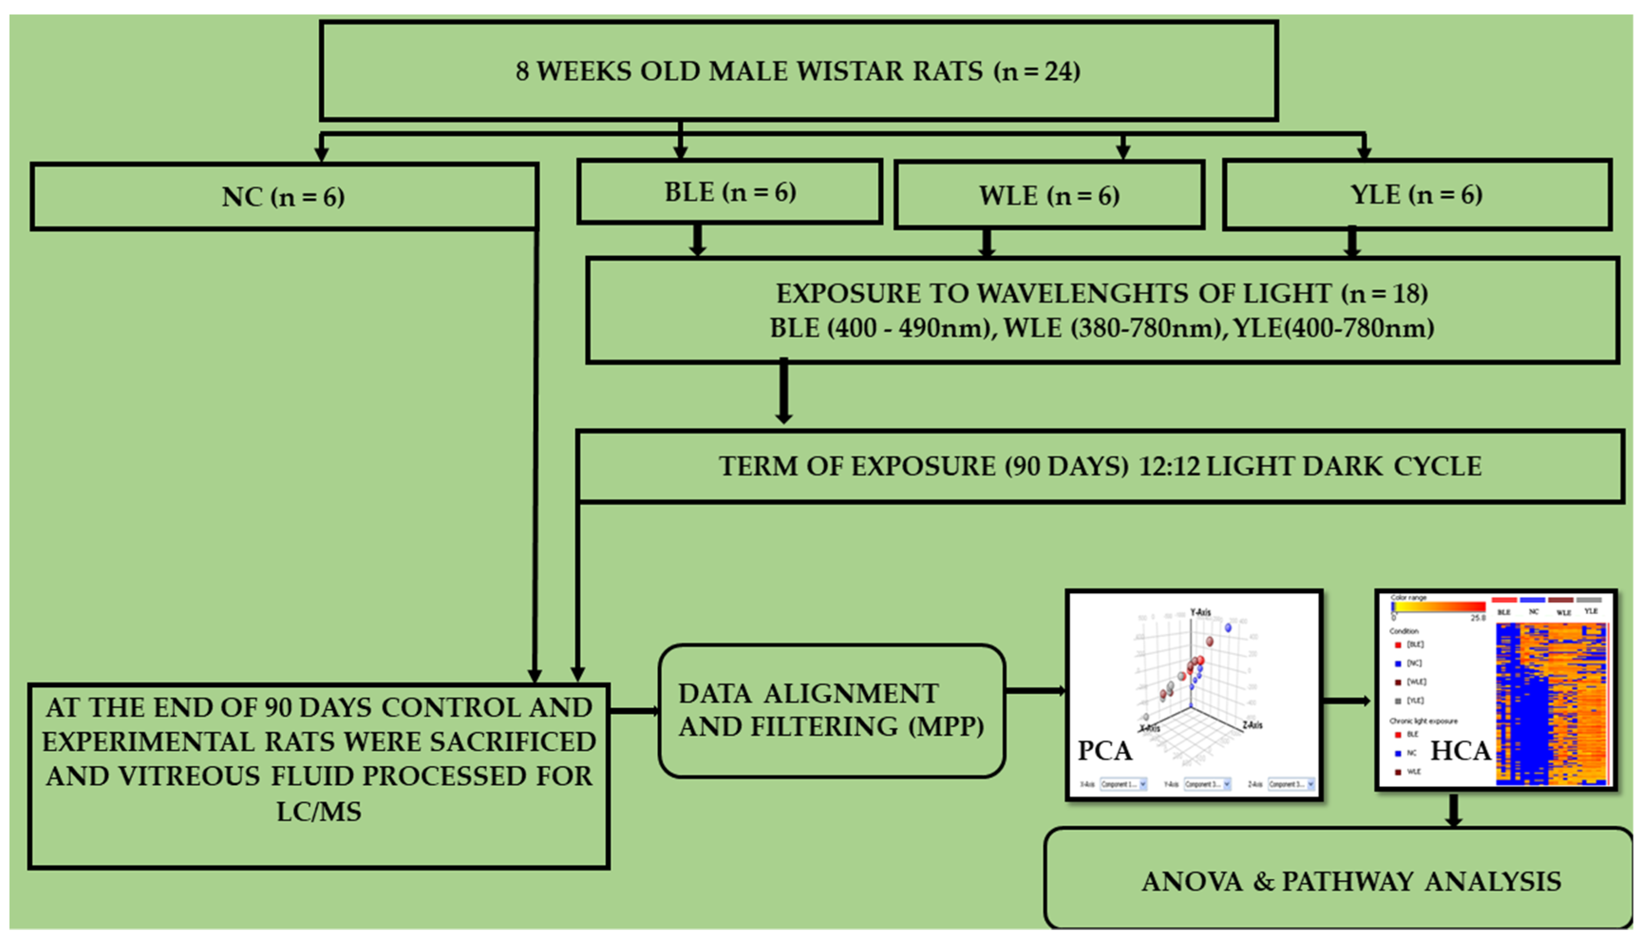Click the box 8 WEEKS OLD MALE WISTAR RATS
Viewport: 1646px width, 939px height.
(798, 71)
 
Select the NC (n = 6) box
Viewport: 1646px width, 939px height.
(283, 197)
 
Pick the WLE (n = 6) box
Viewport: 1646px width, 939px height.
(1049, 195)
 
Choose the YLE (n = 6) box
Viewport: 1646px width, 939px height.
(1417, 194)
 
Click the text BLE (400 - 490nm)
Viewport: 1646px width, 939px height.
(880, 328)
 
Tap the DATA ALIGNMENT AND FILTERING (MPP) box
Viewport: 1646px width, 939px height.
(831, 710)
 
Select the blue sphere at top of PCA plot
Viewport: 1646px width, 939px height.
(1228, 627)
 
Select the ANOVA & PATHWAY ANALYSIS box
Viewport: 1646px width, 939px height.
(1351, 881)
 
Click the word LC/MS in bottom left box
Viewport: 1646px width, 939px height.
(319, 811)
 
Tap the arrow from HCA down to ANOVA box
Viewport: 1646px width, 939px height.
(1453, 810)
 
